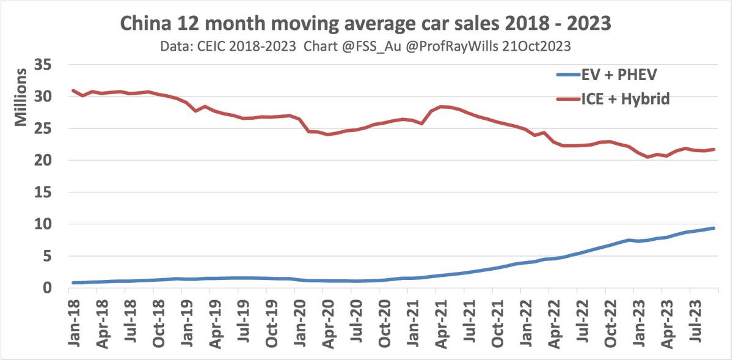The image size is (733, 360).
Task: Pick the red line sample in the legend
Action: [575, 98]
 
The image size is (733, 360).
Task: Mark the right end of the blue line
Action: [713, 228]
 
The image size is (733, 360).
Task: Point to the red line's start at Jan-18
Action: [73, 90]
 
